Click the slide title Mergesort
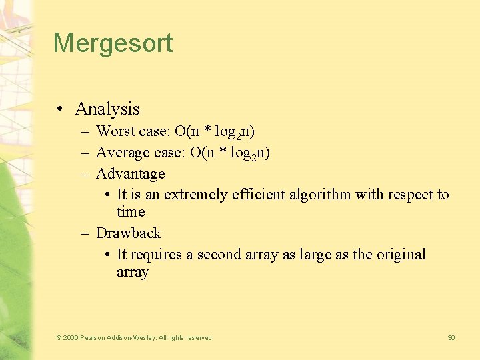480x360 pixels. pos(113,44)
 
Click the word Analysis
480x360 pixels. pos(107,109)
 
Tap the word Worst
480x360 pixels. pos(115,131)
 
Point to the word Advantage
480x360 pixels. pos(130,174)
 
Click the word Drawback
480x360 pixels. pos(129,233)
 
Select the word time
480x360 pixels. pos(131,212)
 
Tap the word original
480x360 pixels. pos(401,255)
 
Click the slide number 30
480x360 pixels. pos(451,338)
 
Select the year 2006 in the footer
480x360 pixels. pos(71,338)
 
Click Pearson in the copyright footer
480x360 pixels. pos(93,338)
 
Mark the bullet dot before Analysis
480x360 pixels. pos(60,109)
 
